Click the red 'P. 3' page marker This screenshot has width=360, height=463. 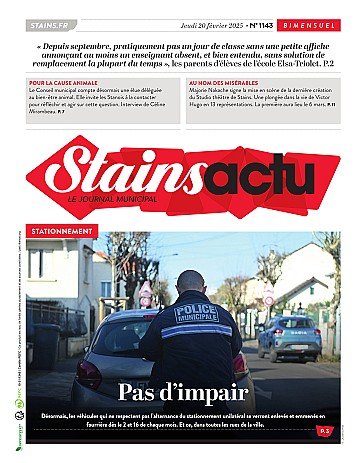pyautogui.click(x=324, y=430)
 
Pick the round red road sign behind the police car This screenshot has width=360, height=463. pyautogui.click(x=268, y=296)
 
